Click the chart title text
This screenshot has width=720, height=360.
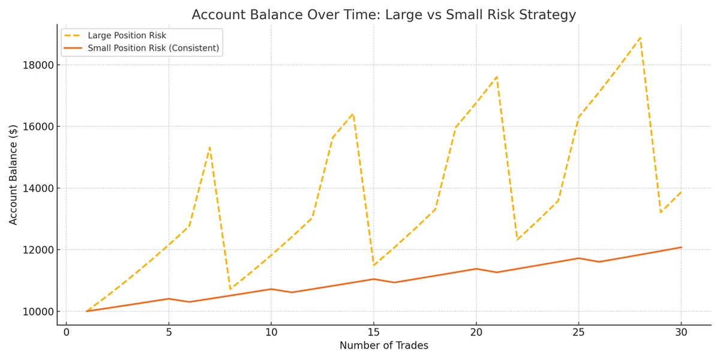383,14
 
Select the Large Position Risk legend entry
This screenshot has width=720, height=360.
127,35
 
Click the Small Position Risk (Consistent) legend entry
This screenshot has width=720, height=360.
153,48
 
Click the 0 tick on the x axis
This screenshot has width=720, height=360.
66,332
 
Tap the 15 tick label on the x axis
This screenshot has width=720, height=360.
373,332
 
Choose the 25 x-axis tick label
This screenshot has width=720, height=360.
578,332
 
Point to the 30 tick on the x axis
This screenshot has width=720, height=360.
681,332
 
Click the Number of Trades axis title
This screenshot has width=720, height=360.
383,346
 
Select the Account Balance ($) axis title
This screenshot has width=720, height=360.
13,174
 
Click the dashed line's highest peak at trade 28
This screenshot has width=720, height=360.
640,38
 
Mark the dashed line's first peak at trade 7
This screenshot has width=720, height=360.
209,147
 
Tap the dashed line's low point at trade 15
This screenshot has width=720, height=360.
373,265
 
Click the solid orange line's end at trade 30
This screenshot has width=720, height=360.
681,247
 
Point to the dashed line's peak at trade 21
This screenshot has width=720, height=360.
497,77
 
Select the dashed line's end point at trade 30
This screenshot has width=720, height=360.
681,192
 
